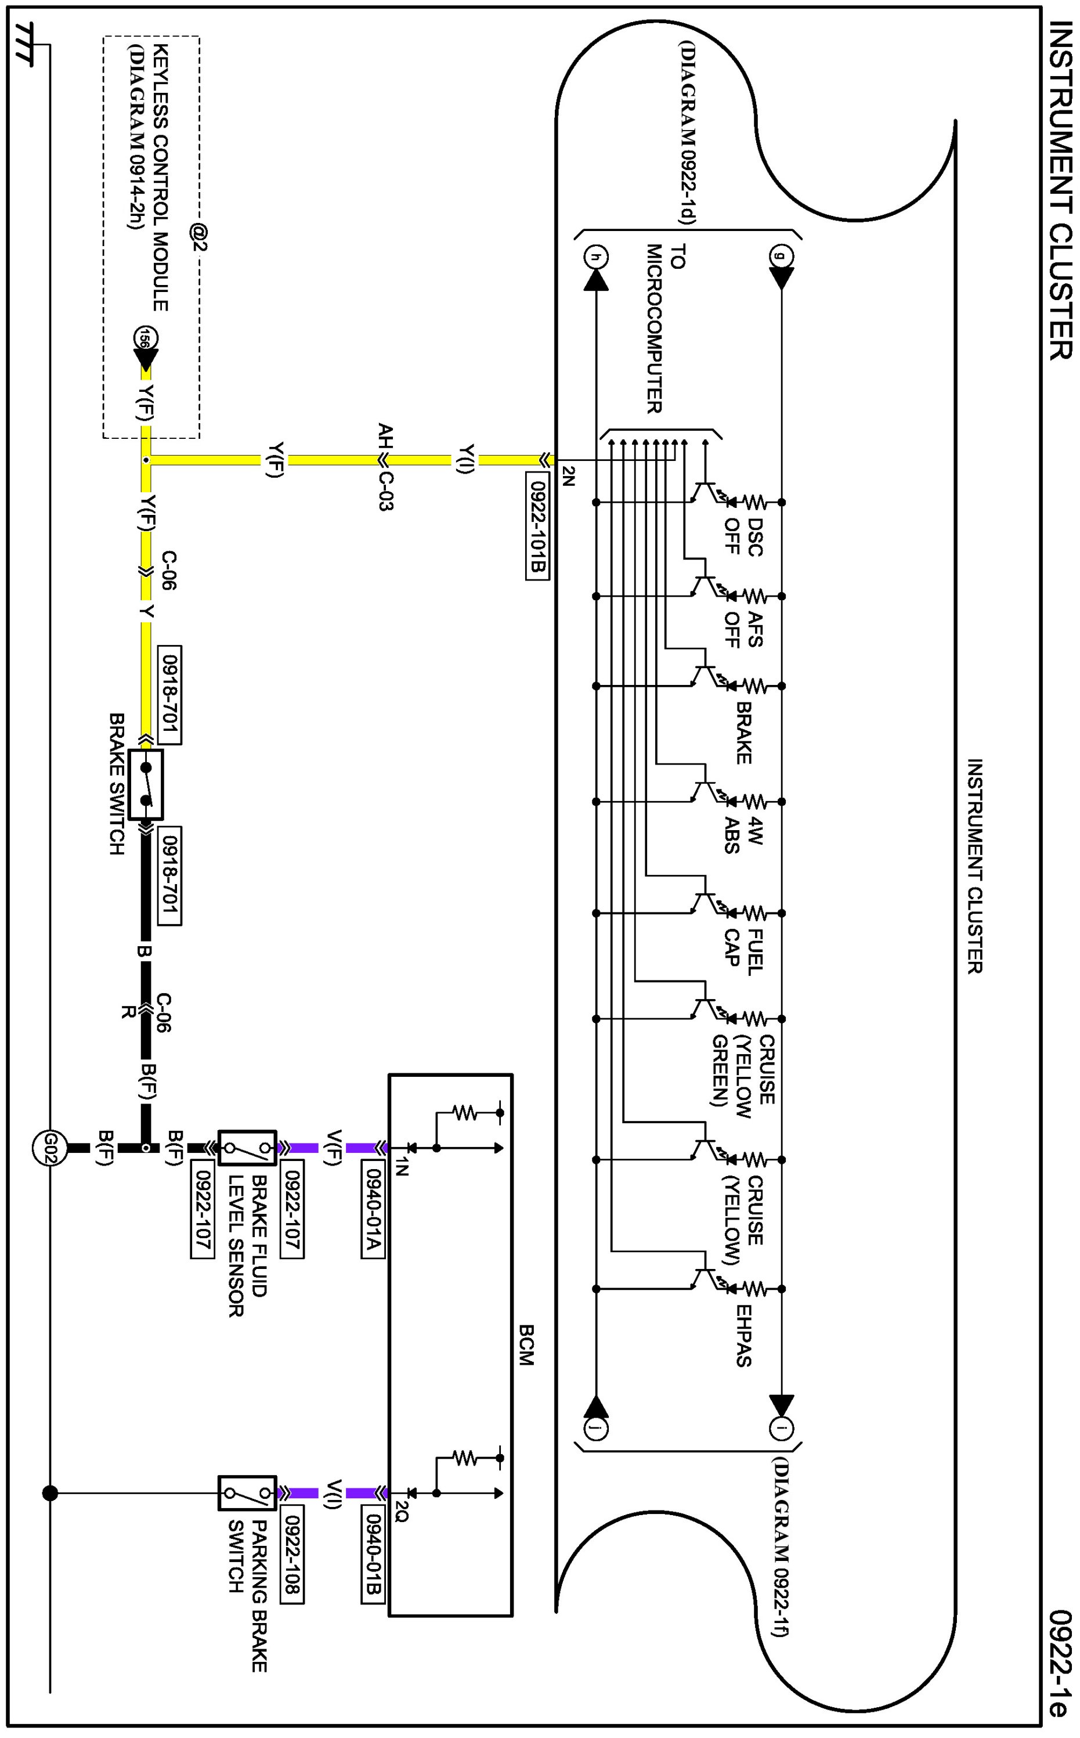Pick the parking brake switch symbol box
pos(247,1493)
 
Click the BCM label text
pos(526,1346)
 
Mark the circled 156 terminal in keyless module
pos(145,338)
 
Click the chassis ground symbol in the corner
pos(24,44)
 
